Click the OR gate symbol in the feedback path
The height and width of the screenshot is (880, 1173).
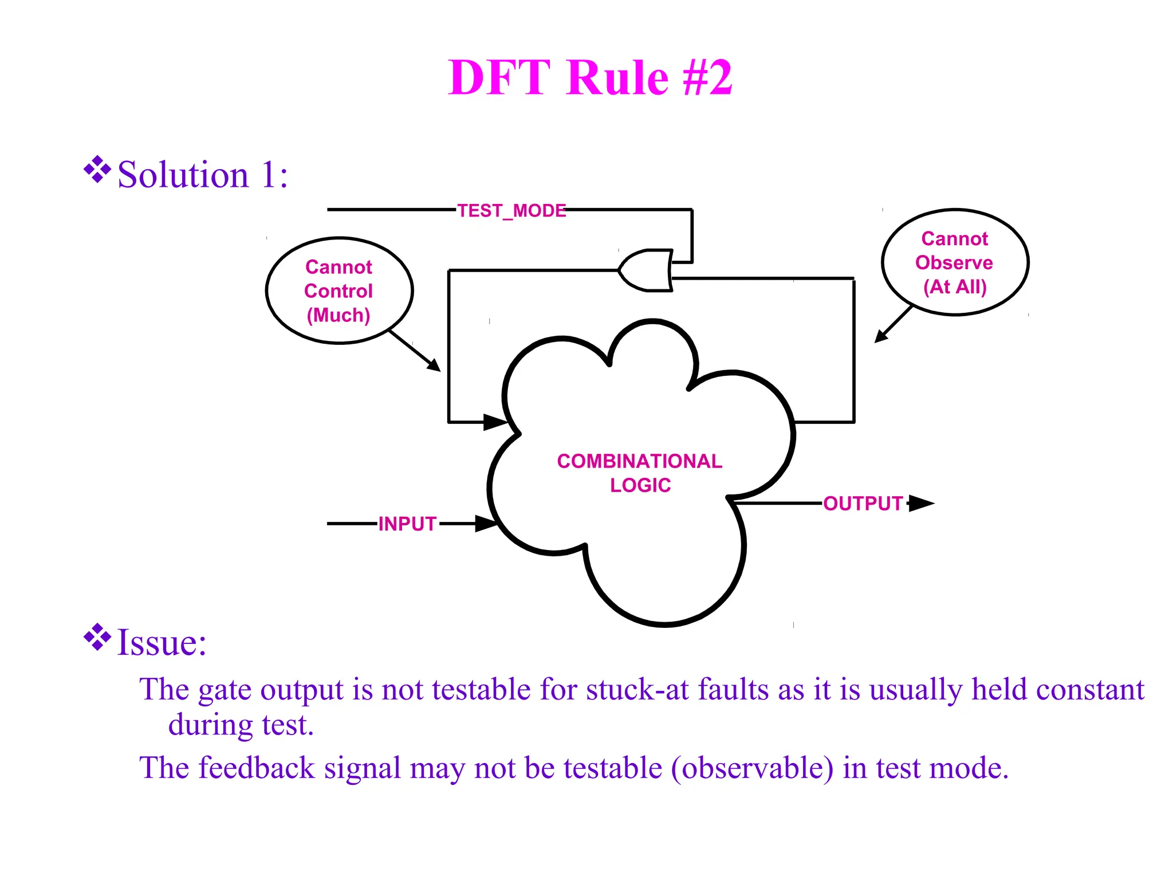(x=646, y=270)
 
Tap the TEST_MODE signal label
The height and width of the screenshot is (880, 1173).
(x=511, y=211)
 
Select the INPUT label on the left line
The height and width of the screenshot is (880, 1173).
(x=407, y=524)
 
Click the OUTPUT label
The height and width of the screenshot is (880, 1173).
(x=863, y=504)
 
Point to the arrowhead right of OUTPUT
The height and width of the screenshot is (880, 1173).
(x=920, y=504)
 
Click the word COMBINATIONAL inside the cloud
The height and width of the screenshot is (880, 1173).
(x=639, y=461)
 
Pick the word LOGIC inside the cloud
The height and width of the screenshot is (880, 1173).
(x=640, y=485)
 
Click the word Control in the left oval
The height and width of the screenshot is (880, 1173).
(x=338, y=291)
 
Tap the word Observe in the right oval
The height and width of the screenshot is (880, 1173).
(x=954, y=262)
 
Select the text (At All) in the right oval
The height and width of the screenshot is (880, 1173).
(x=955, y=286)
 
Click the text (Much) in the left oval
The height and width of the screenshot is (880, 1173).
(x=338, y=315)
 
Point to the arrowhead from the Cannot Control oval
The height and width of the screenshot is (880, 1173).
(x=435, y=366)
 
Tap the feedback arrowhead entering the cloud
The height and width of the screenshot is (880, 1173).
(x=495, y=422)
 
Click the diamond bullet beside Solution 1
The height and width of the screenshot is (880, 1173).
(x=97, y=170)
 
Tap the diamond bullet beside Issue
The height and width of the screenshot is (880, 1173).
(x=97, y=637)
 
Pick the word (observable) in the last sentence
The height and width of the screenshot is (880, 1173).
(x=752, y=768)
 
